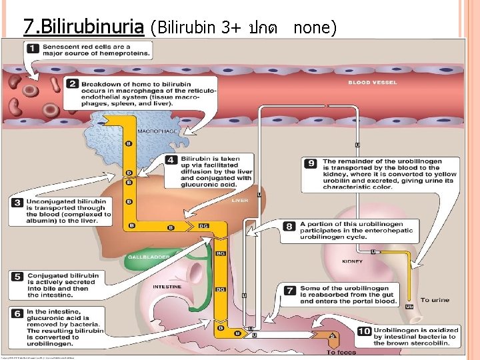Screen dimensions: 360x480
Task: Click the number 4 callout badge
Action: pyautogui.click(x=172, y=160)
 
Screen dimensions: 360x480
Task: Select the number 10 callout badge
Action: pyautogui.click(x=364, y=331)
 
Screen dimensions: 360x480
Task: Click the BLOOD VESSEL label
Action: pyautogui.click(x=373, y=83)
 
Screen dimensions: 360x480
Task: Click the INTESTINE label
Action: pyautogui.click(x=167, y=287)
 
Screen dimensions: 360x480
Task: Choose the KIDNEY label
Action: pyautogui.click(x=352, y=261)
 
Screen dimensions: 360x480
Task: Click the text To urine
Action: pyautogui.click(x=435, y=300)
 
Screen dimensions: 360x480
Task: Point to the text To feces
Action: pyautogui.click(x=341, y=353)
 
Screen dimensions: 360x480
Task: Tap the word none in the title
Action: pyautogui.click(x=315, y=27)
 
